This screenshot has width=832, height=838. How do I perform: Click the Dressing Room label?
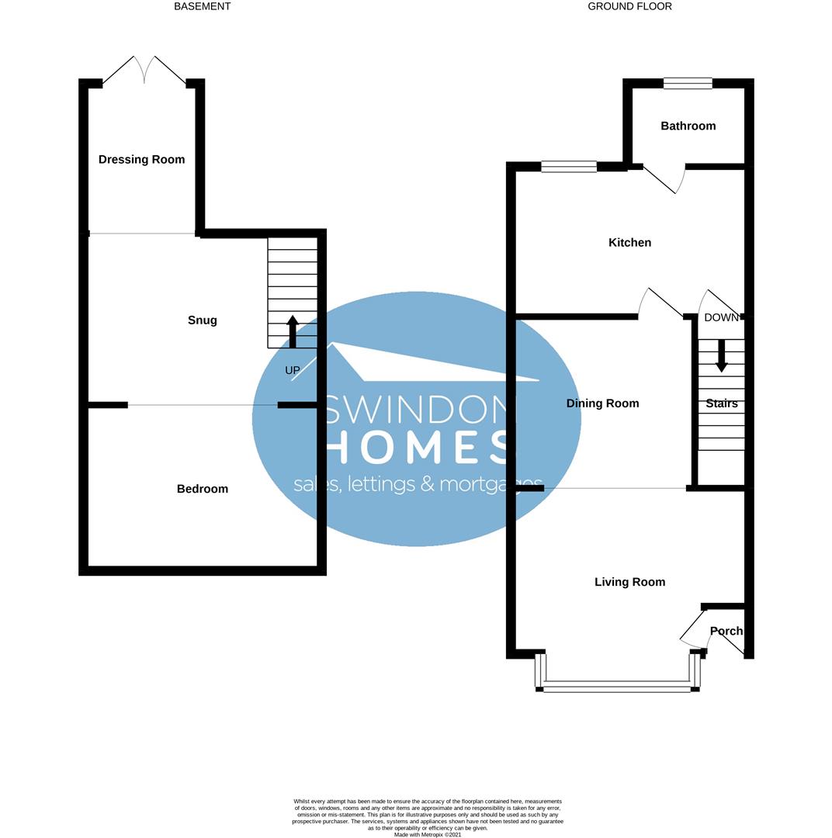click(141, 160)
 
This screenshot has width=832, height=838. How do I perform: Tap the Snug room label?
click(202, 320)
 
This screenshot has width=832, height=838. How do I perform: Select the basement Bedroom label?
click(202, 489)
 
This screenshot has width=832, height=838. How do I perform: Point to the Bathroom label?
click(688, 126)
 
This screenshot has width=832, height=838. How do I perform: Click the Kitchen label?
click(629, 243)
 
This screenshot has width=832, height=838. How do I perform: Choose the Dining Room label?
click(602, 403)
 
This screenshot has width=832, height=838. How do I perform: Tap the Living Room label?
click(629, 582)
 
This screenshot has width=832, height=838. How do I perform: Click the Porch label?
click(726, 631)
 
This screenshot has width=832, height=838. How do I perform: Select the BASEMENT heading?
click(202, 6)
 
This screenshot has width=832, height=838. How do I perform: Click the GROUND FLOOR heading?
click(629, 6)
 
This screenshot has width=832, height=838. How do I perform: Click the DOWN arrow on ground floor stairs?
click(721, 355)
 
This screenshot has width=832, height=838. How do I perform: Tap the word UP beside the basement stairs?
click(293, 371)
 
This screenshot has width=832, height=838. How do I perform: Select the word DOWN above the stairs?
click(721, 317)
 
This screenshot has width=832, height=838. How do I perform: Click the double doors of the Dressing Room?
click(144, 70)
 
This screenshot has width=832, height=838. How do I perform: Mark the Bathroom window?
click(688, 83)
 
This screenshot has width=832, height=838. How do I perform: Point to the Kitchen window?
click(568, 166)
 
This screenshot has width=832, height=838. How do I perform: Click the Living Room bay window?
click(617, 684)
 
